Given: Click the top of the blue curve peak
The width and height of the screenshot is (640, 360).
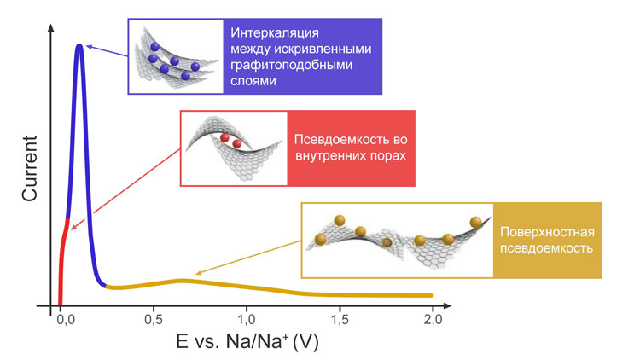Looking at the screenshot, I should click(79, 46).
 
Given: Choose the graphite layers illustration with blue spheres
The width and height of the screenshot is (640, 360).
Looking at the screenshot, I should click(175, 55).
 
